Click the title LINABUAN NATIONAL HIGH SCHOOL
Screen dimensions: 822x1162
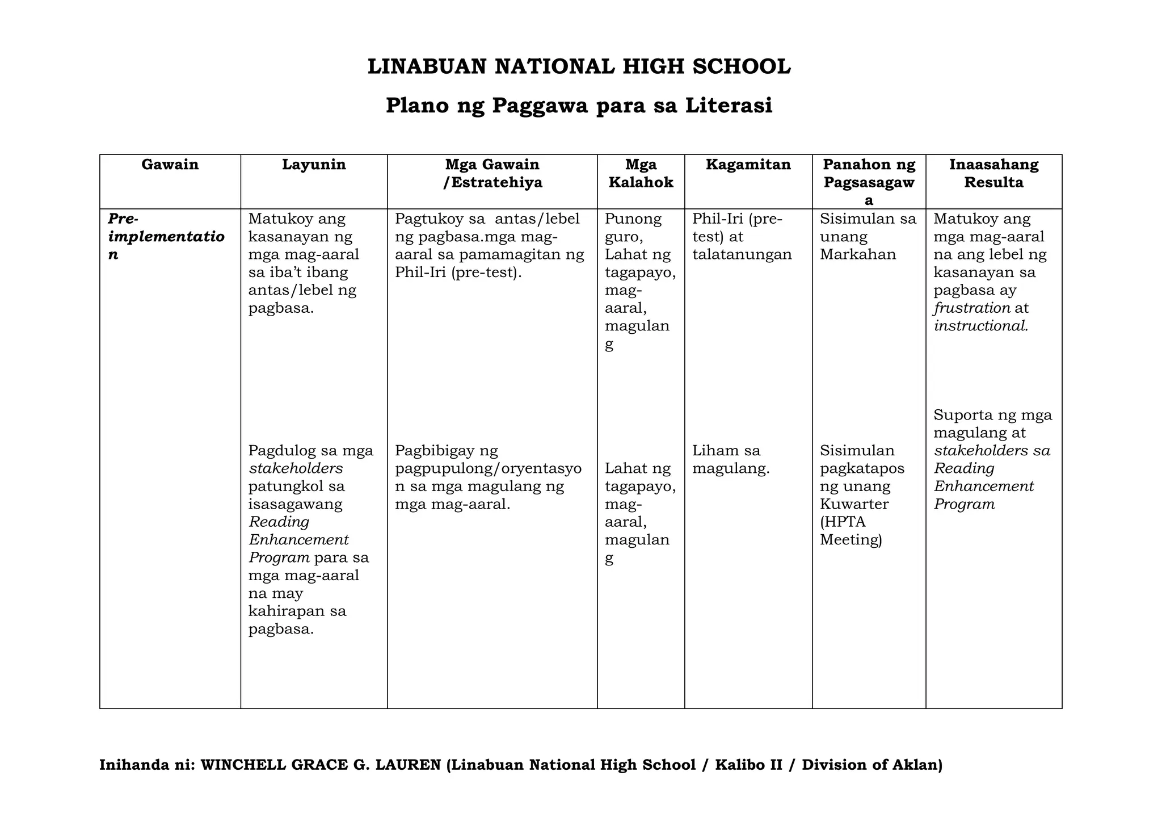pyautogui.click(x=579, y=67)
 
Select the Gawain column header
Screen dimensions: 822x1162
pyautogui.click(x=170, y=165)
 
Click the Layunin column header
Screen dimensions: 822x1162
pyautogui.click(x=314, y=165)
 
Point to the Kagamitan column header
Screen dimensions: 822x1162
pyautogui.click(x=748, y=165)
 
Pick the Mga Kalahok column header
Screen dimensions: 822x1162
pyautogui.click(x=641, y=174)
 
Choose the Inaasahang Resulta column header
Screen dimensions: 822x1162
pyautogui.click(x=993, y=174)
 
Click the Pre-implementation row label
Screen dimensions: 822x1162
pyautogui.click(x=166, y=236)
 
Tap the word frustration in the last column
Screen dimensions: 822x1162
pyautogui.click(x=972, y=308)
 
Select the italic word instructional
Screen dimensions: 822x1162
pyautogui.click(x=980, y=326)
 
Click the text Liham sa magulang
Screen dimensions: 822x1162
pyautogui.click(x=731, y=460)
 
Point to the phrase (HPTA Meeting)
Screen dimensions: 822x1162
pyautogui.click(x=851, y=531)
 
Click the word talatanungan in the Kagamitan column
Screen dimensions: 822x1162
pyautogui.click(x=742, y=254)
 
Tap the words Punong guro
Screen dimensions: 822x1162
pyautogui.click(x=633, y=227)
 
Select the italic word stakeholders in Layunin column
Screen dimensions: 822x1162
pyautogui.click(x=296, y=468)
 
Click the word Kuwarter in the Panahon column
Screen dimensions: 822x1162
pyautogui.click(x=854, y=504)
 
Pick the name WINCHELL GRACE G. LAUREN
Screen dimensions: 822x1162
pyautogui.click(x=321, y=765)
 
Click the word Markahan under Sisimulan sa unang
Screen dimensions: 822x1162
pyautogui.click(x=857, y=254)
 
